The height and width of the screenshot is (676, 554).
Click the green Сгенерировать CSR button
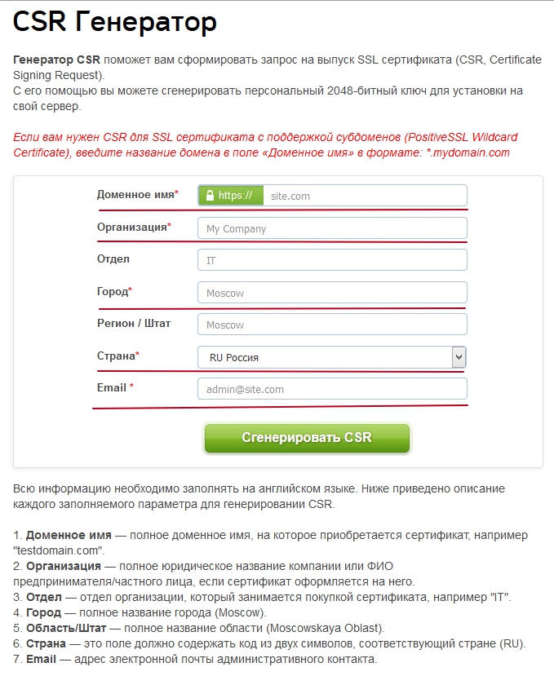pos(307,438)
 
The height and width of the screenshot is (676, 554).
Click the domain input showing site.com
pos(364,196)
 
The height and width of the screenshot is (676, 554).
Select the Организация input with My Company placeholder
pos(332,228)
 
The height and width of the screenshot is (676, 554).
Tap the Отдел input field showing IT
pos(332,260)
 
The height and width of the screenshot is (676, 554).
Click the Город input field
pos(332,293)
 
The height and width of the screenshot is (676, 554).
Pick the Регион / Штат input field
pos(332,325)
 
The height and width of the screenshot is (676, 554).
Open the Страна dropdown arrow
pos(459,357)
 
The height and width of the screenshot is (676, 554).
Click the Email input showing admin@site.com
pos(332,389)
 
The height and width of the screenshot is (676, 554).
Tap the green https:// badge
pos(231,196)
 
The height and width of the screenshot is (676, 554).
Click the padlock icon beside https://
pos(210,196)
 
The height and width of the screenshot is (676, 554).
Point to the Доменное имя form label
pos(135,195)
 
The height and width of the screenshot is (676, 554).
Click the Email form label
pos(112,387)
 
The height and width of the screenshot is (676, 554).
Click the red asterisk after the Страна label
pos(137,356)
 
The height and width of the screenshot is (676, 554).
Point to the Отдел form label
pos(113,259)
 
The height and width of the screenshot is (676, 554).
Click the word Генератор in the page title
pos(146,22)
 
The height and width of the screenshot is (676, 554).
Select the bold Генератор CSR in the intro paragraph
pos(56,60)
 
